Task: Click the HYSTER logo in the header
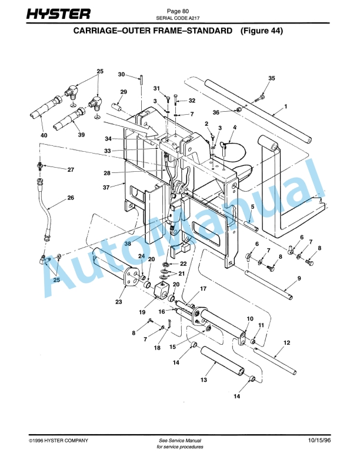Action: click(58, 14)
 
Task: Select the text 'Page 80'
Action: click(178, 11)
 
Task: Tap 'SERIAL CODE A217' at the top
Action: click(178, 18)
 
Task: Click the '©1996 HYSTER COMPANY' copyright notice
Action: click(59, 440)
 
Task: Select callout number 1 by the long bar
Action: click(285, 106)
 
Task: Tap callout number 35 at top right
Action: click(271, 78)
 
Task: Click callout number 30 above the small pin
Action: click(121, 74)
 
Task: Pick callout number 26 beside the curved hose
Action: click(71, 198)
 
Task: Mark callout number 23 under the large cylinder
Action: click(119, 302)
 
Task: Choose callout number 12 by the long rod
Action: click(286, 342)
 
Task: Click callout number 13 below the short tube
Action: click(204, 380)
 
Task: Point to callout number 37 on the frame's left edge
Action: click(106, 188)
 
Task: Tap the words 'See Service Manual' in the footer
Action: click(180, 440)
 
